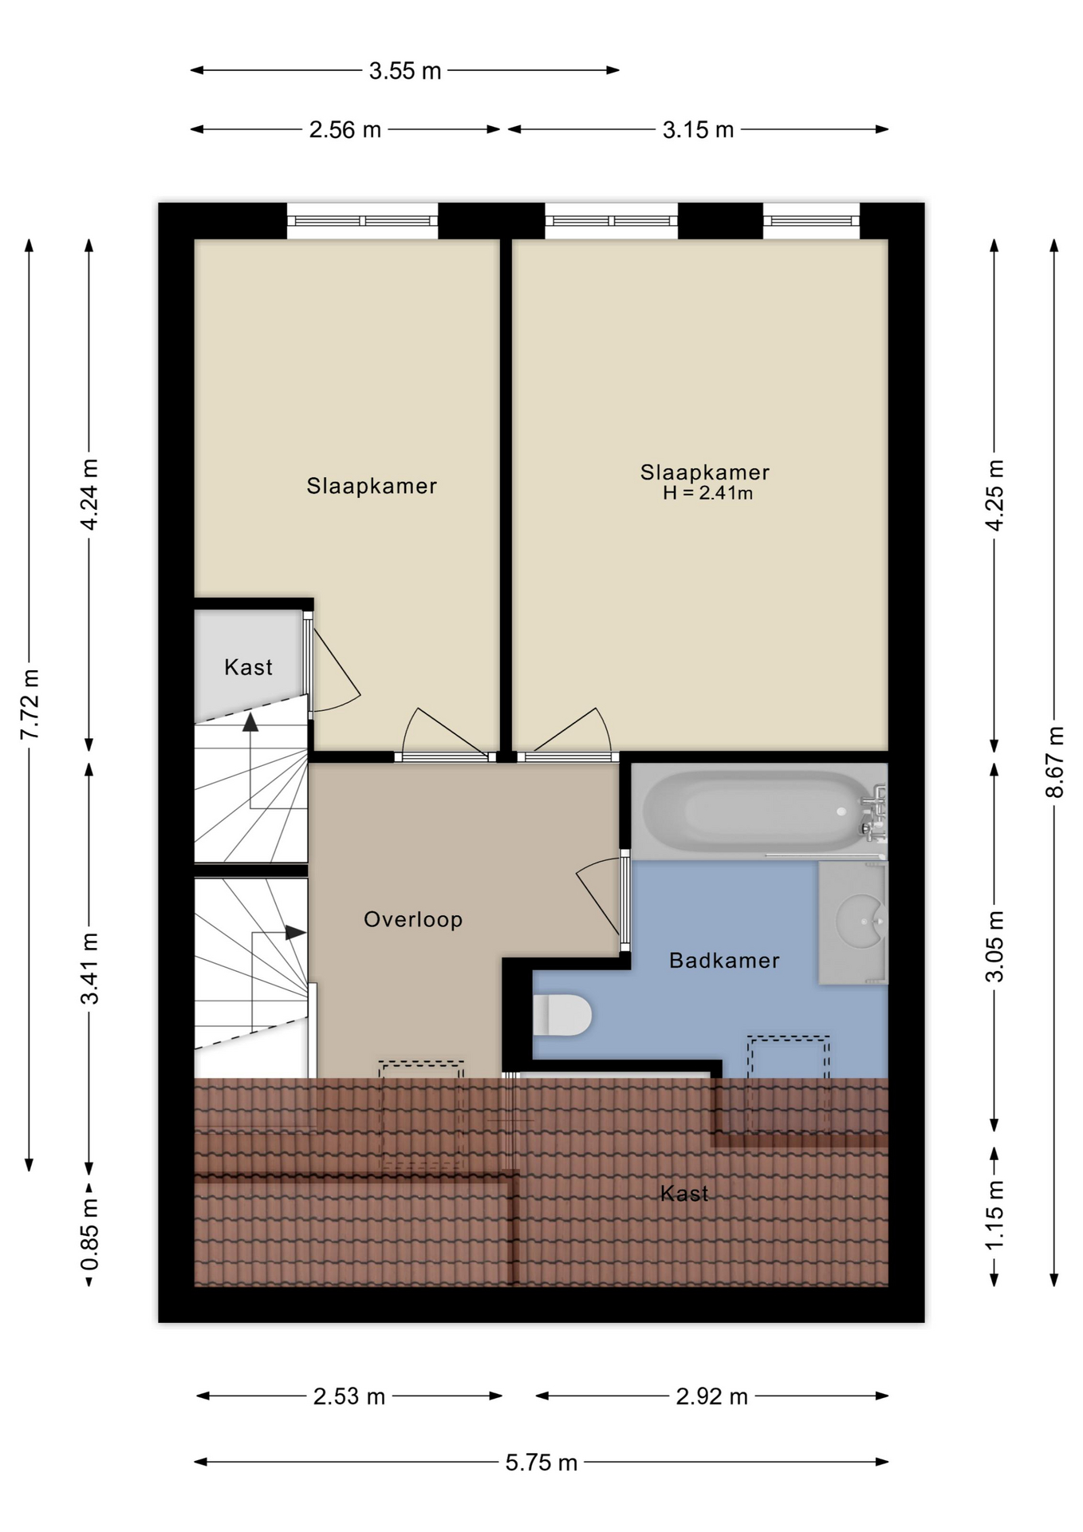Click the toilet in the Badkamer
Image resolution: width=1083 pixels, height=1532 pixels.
[x=561, y=1016]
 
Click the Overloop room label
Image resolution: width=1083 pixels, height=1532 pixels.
[x=413, y=919]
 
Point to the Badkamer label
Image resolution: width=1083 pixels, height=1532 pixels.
[x=724, y=960]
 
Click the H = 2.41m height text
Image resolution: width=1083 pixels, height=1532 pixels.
[x=707, y=493]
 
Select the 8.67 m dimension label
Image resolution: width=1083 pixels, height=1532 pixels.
[x=1055, y=761]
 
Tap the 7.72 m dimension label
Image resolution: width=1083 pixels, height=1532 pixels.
[x=30, y=705]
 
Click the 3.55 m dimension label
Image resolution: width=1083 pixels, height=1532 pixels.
[x=405, y=71]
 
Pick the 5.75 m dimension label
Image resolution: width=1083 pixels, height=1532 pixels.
[x=541, y=1463]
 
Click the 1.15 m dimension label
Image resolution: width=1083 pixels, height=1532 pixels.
[x=994, y=1216]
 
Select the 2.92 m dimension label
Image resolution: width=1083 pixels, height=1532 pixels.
[x=712, y=1396]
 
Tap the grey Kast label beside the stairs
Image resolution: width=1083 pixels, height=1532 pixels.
[x=248, y=667]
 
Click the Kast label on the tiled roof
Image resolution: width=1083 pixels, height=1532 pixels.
[x=684, y=1194]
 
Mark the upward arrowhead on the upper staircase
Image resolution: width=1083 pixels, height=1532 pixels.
[x=250, y=722]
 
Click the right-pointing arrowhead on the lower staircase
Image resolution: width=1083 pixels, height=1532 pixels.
[x=296, y=932]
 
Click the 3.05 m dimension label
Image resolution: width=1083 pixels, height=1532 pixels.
[x=994, y=946]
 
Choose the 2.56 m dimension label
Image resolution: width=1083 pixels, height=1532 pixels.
[x=345, y=130]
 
